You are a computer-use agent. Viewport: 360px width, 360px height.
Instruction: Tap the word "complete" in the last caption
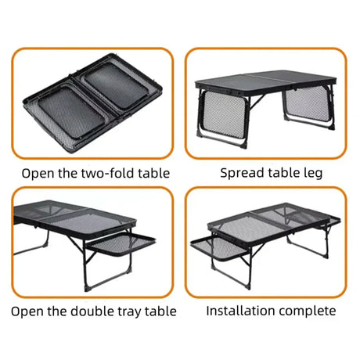click(308, 311)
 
